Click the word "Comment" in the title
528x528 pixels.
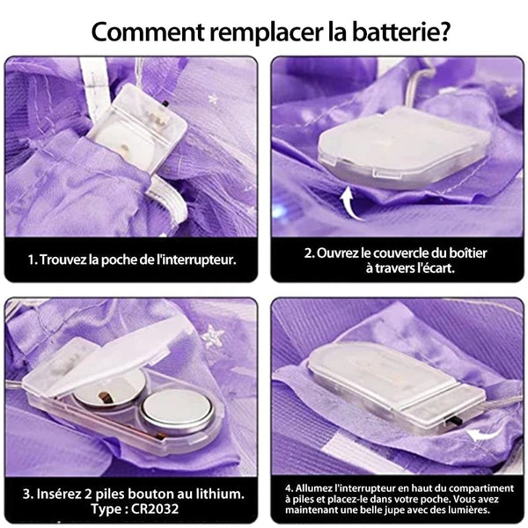coord(148,32)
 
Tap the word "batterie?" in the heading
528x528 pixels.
coord(401,32)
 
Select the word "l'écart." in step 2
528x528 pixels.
coord(436,268)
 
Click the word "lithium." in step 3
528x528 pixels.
coord(220,494)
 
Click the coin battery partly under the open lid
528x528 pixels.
coord(109,392)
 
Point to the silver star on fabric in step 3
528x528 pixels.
coord(213,334)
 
